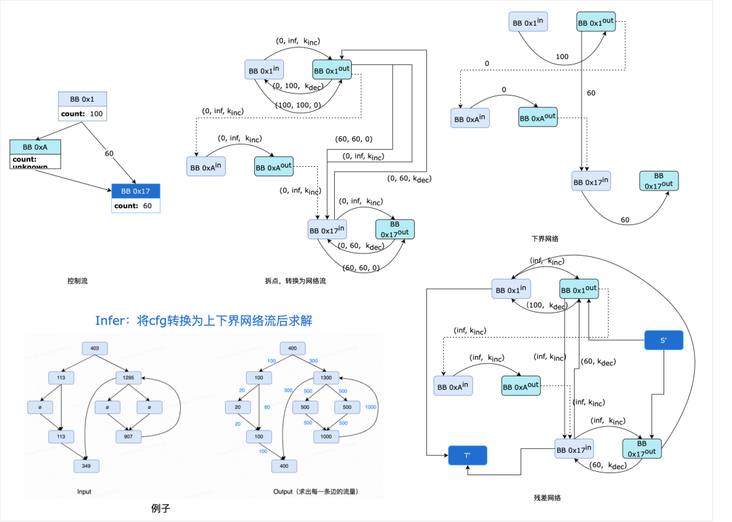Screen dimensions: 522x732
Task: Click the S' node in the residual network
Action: click(663, 339)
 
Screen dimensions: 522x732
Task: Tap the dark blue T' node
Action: click(468, 455)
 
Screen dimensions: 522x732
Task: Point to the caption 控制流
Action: click(77, 281)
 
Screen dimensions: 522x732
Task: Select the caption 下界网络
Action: click(545, 239)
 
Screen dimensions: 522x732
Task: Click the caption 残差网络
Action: click(547, 498)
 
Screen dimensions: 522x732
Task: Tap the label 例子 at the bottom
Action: click(161, 507)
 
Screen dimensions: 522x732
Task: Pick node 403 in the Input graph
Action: click(95, 348)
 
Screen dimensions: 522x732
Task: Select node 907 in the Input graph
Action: click(129, 437)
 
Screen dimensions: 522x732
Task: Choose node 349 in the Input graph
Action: click(87, 466)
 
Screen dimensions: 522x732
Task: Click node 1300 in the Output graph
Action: click(326, 378)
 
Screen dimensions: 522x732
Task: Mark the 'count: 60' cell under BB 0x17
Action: click(136, 205)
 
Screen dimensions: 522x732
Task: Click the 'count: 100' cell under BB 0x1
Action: click(83, 114)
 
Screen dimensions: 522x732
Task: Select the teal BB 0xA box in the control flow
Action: click(35, 146)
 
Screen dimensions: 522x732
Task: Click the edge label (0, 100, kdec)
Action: click(298, 86)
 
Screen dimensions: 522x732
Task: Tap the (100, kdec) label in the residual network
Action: click(548, 306)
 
